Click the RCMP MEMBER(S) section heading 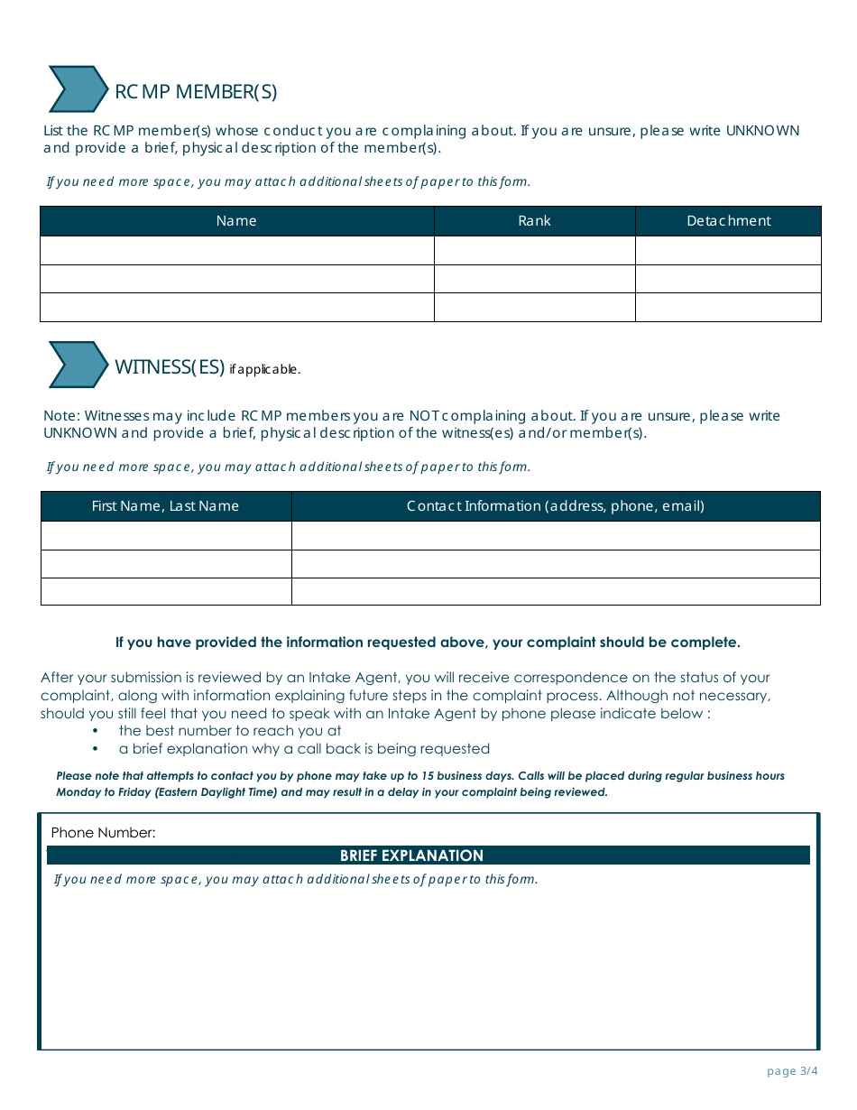(196, 91)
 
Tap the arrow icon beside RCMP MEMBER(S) (78, 89)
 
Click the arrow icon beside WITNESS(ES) (78, 365)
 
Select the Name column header (236, 221)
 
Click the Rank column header (534, 221)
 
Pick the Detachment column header (728, 221)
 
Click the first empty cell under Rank (534, 250)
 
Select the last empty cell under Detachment (728, 308)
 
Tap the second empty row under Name (236, 279)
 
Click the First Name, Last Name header (165, 506)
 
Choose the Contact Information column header (555, 506)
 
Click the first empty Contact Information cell (555, 535)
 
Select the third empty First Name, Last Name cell (165, 592)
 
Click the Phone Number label (103, 833)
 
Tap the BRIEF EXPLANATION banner (411, 856)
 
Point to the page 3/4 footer (791, 1071)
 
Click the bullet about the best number (229, 731)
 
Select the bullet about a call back (303, 749)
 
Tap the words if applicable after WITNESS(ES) (264, 370)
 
